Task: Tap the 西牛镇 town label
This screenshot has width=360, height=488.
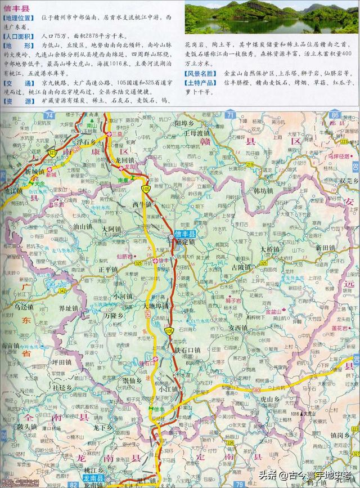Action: tap(142, 204)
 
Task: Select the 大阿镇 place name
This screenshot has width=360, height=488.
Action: tap(111, 230)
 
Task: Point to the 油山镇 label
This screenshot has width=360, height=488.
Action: tap(82, 226)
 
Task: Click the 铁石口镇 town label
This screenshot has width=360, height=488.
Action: tap(190, 350)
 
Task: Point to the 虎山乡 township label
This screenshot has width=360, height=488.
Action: tap(269, 399)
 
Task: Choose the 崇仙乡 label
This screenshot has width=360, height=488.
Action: tap(134, 381)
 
